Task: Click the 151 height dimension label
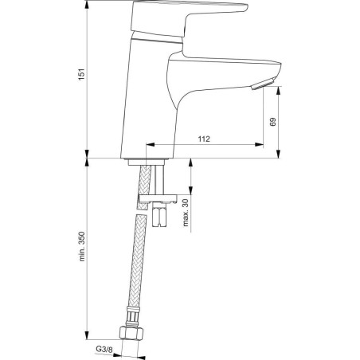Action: [82, 75]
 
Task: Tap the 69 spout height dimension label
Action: [272, 122]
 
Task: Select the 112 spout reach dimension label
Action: [204, 139]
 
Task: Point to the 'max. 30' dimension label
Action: [186, 213]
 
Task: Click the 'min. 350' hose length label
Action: [82, 247]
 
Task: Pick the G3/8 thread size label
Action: [104, 350]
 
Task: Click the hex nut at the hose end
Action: [131, 334]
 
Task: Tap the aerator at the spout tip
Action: [263, 84]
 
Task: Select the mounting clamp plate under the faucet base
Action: [158, 198]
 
